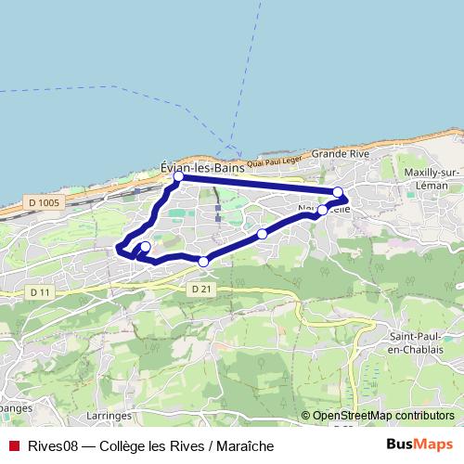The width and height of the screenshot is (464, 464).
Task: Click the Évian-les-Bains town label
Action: (202, 168)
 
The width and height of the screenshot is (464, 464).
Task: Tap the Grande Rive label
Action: (341, 152)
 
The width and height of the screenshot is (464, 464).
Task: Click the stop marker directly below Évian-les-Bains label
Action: (178, 175)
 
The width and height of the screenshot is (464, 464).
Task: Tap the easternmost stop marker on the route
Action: (338, 192)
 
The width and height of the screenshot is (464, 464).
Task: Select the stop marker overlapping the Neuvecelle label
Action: (322, 210)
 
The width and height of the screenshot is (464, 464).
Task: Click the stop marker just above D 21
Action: (203, 262)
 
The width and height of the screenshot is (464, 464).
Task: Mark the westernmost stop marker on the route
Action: (145, 246)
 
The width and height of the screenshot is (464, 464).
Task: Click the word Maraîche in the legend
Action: (233, 445)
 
